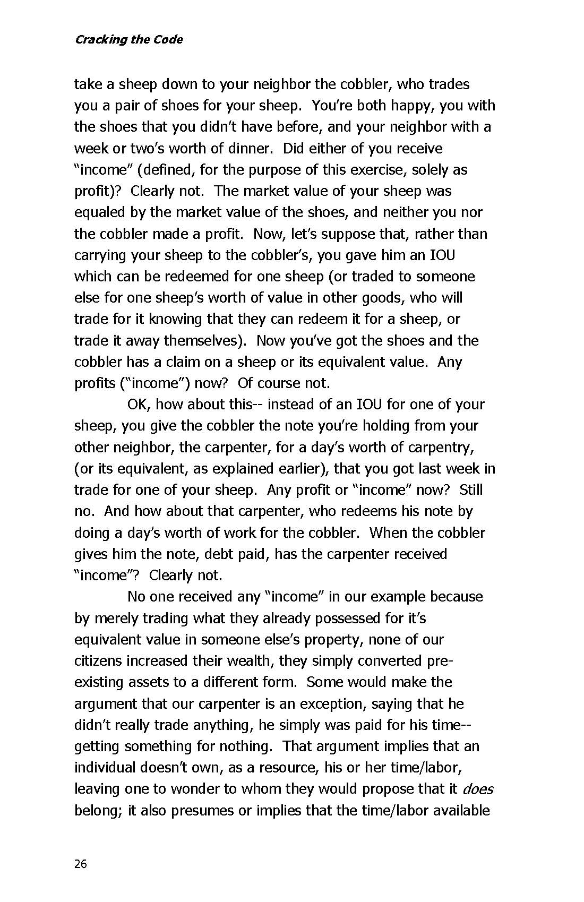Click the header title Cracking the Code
128,39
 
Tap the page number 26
80,864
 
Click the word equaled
97,212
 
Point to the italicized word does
478,789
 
